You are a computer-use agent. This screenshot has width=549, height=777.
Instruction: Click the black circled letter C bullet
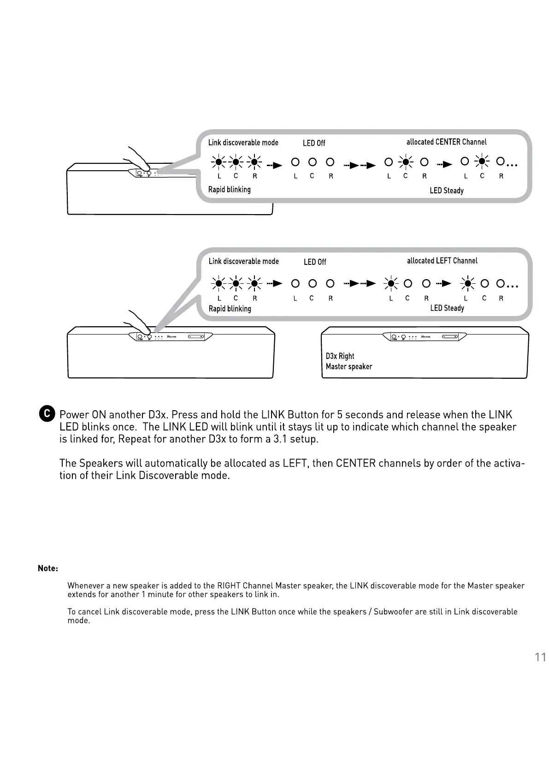point(47,413)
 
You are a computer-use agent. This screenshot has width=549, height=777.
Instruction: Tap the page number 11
point(540,657)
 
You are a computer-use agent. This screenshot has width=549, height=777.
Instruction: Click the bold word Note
point(47,568)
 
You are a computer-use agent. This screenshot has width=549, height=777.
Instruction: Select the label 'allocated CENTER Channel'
point(446,142)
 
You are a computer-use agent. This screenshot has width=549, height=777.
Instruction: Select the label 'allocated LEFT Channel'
point(442,261)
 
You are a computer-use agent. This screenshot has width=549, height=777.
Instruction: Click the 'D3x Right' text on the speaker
point(340,356)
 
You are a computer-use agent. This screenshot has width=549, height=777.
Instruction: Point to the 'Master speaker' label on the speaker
point(348,367)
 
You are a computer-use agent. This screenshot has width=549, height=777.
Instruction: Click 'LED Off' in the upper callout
point(314,143)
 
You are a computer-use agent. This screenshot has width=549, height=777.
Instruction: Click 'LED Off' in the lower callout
point(315,262)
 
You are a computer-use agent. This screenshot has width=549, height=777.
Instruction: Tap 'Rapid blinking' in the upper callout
point(229,190)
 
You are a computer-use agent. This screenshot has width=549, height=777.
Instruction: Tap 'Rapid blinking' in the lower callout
point(230,309)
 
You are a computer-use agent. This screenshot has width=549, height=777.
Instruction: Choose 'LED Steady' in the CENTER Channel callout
point(446,191)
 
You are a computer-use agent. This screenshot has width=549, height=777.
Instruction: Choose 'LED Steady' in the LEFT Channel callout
point(447,308)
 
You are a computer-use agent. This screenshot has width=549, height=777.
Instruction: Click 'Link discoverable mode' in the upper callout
point(243,143)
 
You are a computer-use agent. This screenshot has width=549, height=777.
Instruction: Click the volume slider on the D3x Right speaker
point(449,337)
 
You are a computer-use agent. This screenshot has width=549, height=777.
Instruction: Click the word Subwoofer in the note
point(393,612)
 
